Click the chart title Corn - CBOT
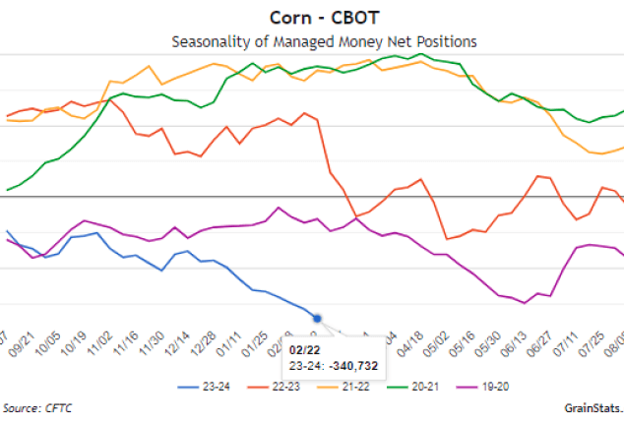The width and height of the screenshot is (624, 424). click(x=311, y=18)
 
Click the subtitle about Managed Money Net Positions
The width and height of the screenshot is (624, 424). click(x=311, y=41)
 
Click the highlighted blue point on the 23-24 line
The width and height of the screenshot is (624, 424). click(x=317, y=317)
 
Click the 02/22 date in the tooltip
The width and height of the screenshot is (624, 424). click(x=304, y=348)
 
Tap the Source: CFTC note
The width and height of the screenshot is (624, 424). click(x=37, y=408)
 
